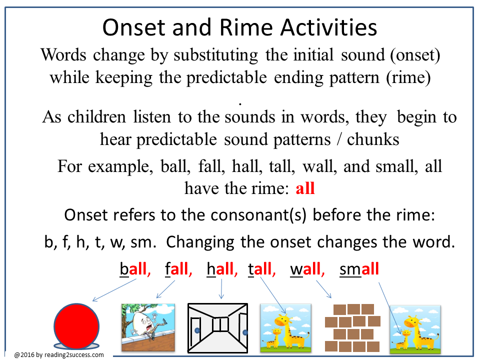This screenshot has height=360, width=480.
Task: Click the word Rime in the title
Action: (246, 27)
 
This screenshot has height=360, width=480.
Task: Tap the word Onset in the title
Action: (134, 27)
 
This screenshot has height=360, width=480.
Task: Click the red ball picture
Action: (76, 326)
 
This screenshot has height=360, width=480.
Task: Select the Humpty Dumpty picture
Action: (148, 327)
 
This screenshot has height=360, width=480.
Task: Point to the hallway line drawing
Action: (217, 328)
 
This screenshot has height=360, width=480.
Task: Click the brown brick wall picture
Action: (352, 327)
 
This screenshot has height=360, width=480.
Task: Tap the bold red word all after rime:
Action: (305, 188)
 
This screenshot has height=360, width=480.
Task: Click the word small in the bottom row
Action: (359, 269)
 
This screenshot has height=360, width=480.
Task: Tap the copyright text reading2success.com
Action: (74, 355)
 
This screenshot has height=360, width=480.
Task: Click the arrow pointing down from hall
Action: (221, 289)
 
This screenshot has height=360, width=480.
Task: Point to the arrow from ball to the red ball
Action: (114, 290)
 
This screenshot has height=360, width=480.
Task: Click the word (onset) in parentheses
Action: (415, 55)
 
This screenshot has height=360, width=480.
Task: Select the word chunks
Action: (373, 139)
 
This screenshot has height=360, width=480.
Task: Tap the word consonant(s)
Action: (258, 215)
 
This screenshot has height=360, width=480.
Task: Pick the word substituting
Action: (216, 55)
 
